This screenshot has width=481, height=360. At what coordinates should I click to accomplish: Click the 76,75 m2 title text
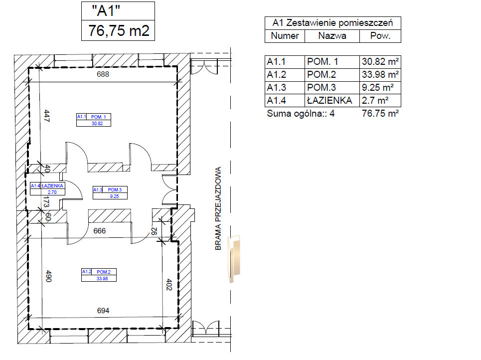pyautogui.click(x=119, y=31)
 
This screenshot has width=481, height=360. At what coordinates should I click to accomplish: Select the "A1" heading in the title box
pyautogui.click(x=106, y=11)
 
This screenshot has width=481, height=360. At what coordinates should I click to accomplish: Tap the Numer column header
pyautogui.click(x=285, y=36)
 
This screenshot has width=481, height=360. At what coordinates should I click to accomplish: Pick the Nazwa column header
pyautogui.click(x=332, y=36)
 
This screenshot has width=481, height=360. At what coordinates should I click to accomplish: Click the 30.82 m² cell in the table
pyautogui.click(x=380, y=62)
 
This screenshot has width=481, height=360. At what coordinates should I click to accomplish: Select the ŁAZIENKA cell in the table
pyautogui.click(x=329, y=100)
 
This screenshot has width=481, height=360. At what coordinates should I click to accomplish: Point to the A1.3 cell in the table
pyautogui.click(x=277, y=87)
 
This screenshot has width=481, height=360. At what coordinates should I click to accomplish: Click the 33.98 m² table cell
pyautogui.click(x=380, y=75)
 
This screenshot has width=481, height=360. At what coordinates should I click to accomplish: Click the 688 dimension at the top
pyautogui.click(x=103, y=74)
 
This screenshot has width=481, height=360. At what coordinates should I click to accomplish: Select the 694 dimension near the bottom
pyautogui.click(x=103, y=311)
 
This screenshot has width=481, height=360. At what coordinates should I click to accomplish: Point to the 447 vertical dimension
pyautogui.click(x=47, y=116)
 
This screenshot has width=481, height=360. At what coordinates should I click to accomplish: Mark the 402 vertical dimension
pyautogui.click(x=169, y=285)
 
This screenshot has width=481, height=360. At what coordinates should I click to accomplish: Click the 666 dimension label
pyautogui.click(x=99, y=231)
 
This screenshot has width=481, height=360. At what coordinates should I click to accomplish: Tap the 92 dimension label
pyautogui.click(x=155, y=231)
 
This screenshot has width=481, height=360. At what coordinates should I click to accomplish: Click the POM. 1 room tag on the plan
pyautogui.click(x=94, y=120)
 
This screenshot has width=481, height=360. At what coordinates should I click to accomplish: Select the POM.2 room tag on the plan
pyautogui.click(x=99, y=275)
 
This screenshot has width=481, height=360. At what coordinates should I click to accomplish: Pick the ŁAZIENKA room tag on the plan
pyautogui.click(x=47, y=189)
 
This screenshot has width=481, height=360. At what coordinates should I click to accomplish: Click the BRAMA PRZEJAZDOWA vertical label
pyautogui.click(x=218, y=208)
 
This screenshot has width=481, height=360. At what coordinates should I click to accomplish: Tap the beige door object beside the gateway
pyautogui.click(x=234, y=259)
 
